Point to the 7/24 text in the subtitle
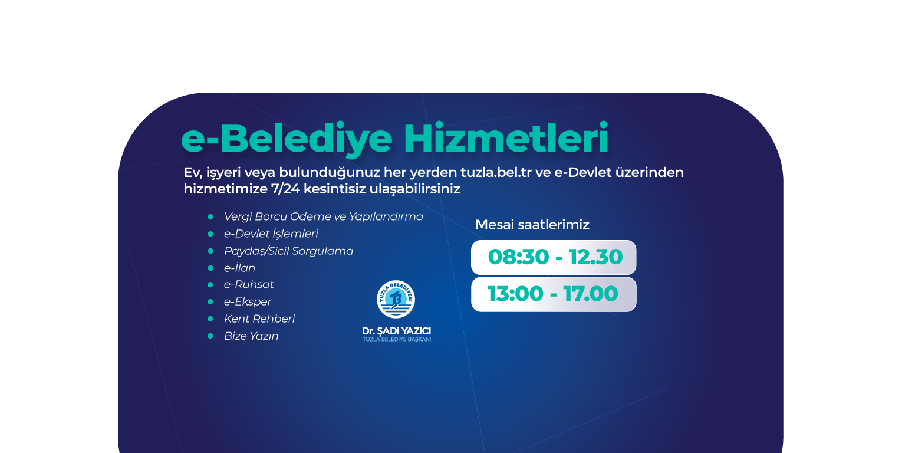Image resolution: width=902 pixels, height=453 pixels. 285,189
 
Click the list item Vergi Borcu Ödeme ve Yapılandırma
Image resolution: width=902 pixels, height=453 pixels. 323,217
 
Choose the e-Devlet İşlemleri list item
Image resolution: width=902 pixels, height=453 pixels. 271,234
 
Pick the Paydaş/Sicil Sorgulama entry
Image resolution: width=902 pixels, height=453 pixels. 288,251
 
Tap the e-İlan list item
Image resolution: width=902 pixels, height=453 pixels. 239,268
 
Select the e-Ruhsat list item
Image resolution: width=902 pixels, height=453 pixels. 249,284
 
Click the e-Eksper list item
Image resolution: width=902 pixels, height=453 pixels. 248,302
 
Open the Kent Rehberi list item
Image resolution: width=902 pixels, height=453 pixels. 259,319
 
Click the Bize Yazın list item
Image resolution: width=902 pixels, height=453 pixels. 251,336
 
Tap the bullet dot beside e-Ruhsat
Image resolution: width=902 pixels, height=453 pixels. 210,285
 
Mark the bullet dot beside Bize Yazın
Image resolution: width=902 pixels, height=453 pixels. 210,336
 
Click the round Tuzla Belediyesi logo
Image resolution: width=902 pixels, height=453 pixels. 396,300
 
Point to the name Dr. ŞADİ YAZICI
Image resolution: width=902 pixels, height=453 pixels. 397,331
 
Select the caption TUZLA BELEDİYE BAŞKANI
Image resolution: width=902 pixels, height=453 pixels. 397,339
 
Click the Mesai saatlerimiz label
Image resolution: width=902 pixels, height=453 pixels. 532,225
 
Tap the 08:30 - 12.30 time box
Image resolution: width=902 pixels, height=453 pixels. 554,258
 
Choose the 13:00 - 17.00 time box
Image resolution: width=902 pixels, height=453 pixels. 554,294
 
